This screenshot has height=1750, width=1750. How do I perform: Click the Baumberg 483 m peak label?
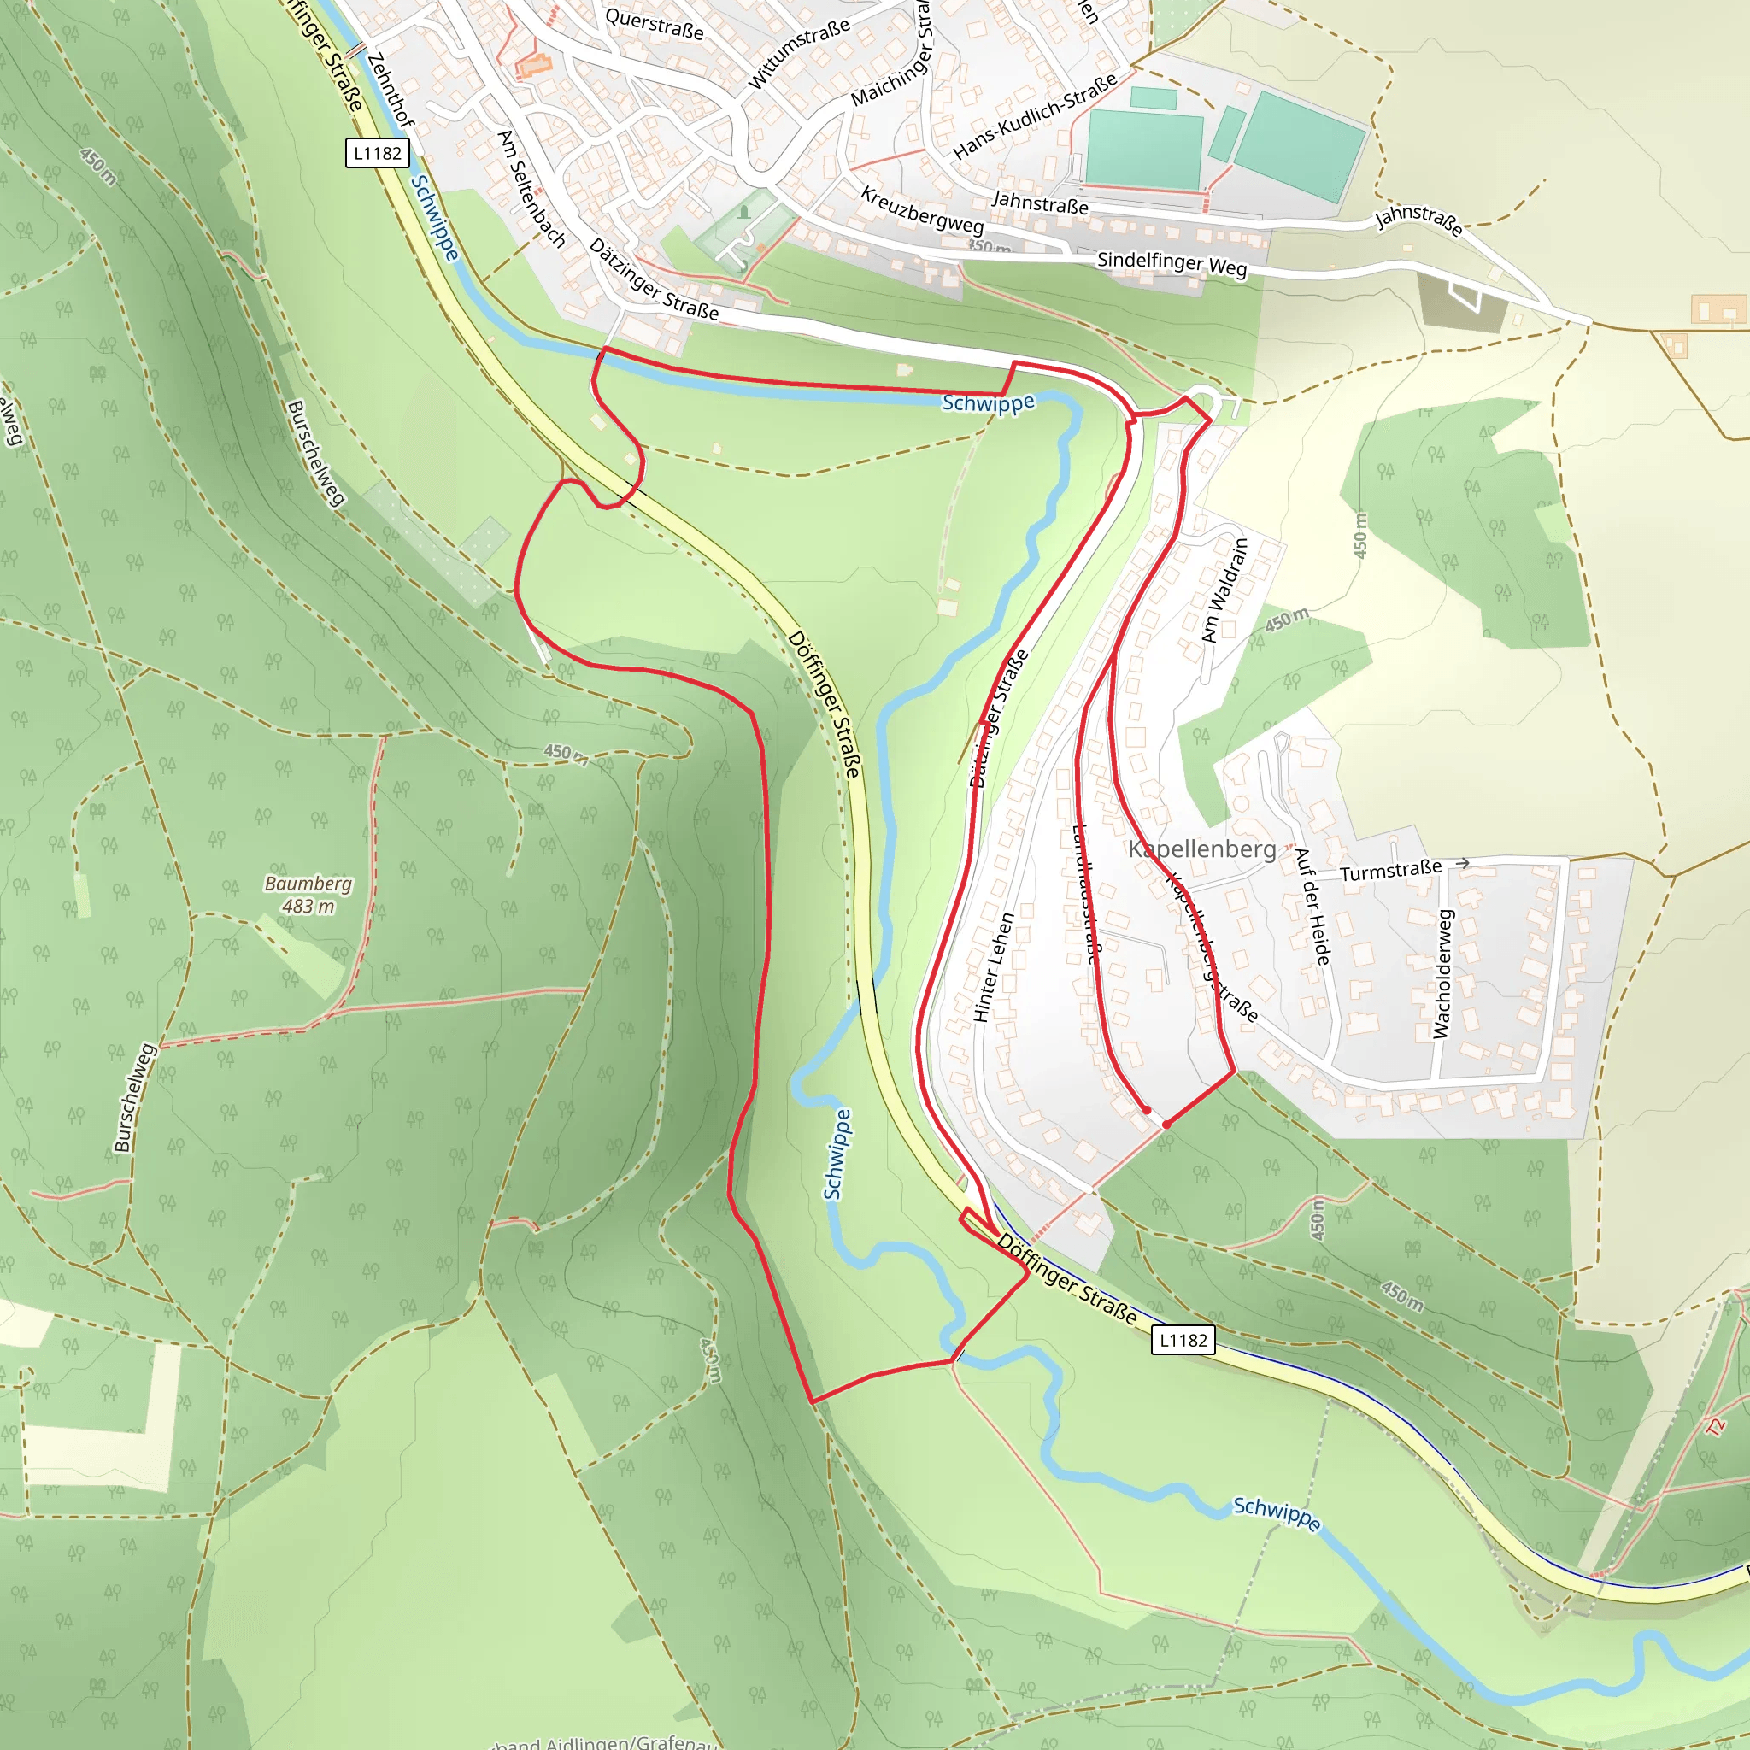point(308,894)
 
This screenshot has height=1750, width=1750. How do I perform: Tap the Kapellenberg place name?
point(1202,849)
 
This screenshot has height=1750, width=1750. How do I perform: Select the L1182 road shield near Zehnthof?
point(378,153)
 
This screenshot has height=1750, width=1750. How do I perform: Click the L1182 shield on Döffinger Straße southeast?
point(1183,1340)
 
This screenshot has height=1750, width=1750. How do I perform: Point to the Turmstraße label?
point(1390,871)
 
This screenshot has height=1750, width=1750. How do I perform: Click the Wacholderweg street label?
point(1442,974)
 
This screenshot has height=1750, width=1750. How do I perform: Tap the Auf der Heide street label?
point(1312,906)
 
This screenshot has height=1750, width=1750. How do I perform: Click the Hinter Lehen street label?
point(993,967)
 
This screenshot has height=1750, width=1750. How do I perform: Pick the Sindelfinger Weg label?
point(1172,263)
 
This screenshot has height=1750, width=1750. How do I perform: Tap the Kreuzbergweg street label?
point(922,210)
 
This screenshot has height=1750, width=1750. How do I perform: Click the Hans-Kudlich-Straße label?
point(1036,116)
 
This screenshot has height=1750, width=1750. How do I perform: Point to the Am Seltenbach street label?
point(531,188)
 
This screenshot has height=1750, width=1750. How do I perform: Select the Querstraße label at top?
point(654,24)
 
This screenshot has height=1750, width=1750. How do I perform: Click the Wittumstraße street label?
point(798,52)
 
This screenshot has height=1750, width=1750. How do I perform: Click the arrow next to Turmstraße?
point(1462,864)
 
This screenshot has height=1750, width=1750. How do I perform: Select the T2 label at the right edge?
point(1716,1427)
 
